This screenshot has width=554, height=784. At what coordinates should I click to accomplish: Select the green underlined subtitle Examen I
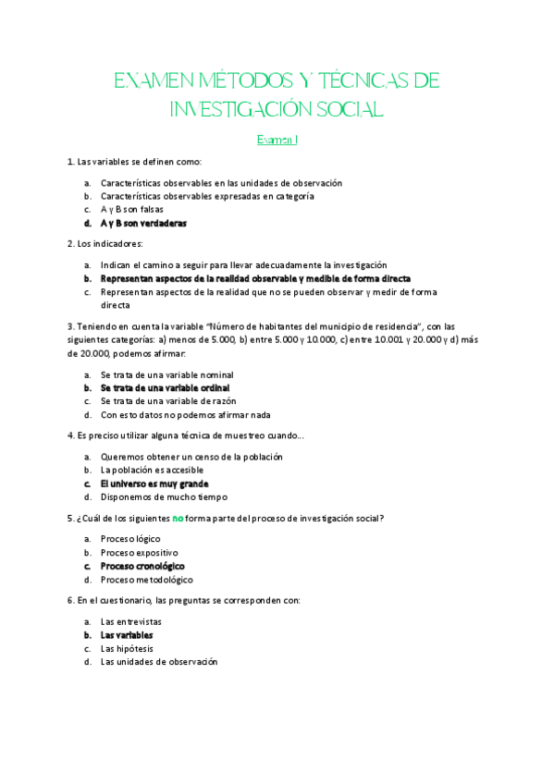pyautogui.click(x=277, y=141)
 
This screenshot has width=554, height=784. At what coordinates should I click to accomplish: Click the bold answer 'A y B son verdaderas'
pyautogui.click(x=143, y=223)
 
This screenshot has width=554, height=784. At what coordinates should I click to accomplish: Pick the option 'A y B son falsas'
pyautogui.click(x=131, y=209)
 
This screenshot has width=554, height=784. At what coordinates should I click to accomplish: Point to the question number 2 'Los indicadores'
pyautogui.click(x=105, y=244)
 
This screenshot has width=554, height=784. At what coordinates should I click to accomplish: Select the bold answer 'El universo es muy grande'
pyautogui.click(x=154, y=484)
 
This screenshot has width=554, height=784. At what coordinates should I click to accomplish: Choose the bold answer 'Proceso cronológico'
pyautogui.click(x=142, y=566)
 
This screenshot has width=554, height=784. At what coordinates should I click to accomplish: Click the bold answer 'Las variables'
pyautogui.click(x=127, y=635)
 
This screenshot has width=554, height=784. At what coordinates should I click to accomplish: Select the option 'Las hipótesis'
pyautogui.click(x=127, y=648)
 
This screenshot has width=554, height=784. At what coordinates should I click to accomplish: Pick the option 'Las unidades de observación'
pyautogui.click(x=158, y=662)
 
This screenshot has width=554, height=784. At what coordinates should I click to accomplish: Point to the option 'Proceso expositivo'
pyautogui.click(x=139, y=552)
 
